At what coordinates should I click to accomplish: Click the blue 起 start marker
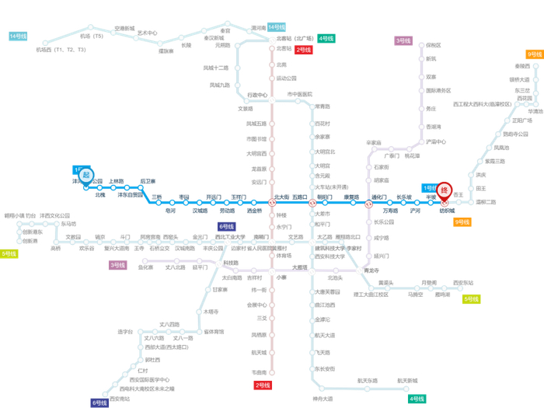[x=85, y=176]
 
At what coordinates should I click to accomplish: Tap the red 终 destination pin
[x=444, y=190]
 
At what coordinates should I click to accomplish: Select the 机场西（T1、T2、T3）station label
[x=61, y=50]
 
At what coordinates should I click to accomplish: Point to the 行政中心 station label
[x=257, y=95]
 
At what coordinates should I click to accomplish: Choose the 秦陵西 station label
[x=522, y=67]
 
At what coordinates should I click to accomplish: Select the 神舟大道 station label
[x=323, y=398]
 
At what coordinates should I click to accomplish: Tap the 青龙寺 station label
[x=371, y=270]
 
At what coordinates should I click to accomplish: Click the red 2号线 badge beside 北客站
[x=304, y=50]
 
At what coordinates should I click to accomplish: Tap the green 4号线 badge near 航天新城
[x=417, y=399]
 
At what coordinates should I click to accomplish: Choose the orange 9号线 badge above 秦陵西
[x=534, y=54]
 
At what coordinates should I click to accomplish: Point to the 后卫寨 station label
[x=148, y=181]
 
